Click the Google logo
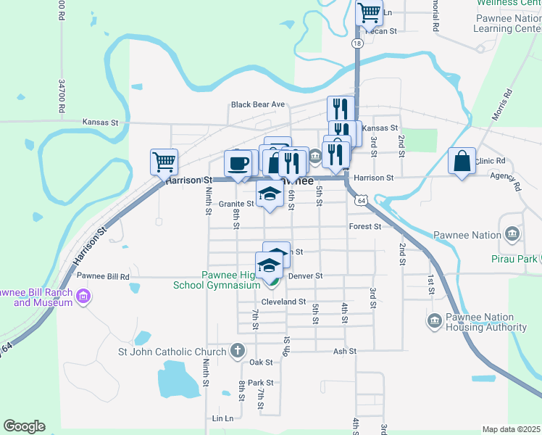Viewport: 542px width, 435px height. tap(24, 426)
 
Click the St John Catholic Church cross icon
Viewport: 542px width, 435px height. tap(237, 352)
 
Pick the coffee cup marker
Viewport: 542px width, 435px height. tap(238, 162)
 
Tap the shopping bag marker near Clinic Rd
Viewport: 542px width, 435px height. tap(462, 161)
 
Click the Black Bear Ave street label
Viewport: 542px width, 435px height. tap(257, 104)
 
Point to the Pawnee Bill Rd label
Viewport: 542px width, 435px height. tap(103, 276)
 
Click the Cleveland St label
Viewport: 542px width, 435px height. tap(283, 302)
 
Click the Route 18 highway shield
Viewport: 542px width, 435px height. tap(357, 43)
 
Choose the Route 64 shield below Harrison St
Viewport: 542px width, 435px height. tap(361, 199)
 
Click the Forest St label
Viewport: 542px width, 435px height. tap(364, 226)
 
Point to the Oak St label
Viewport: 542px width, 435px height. tap(261, 362)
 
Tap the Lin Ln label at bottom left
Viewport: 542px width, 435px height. tap(223, 419)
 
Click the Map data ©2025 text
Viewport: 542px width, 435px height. tap(512, 429)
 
